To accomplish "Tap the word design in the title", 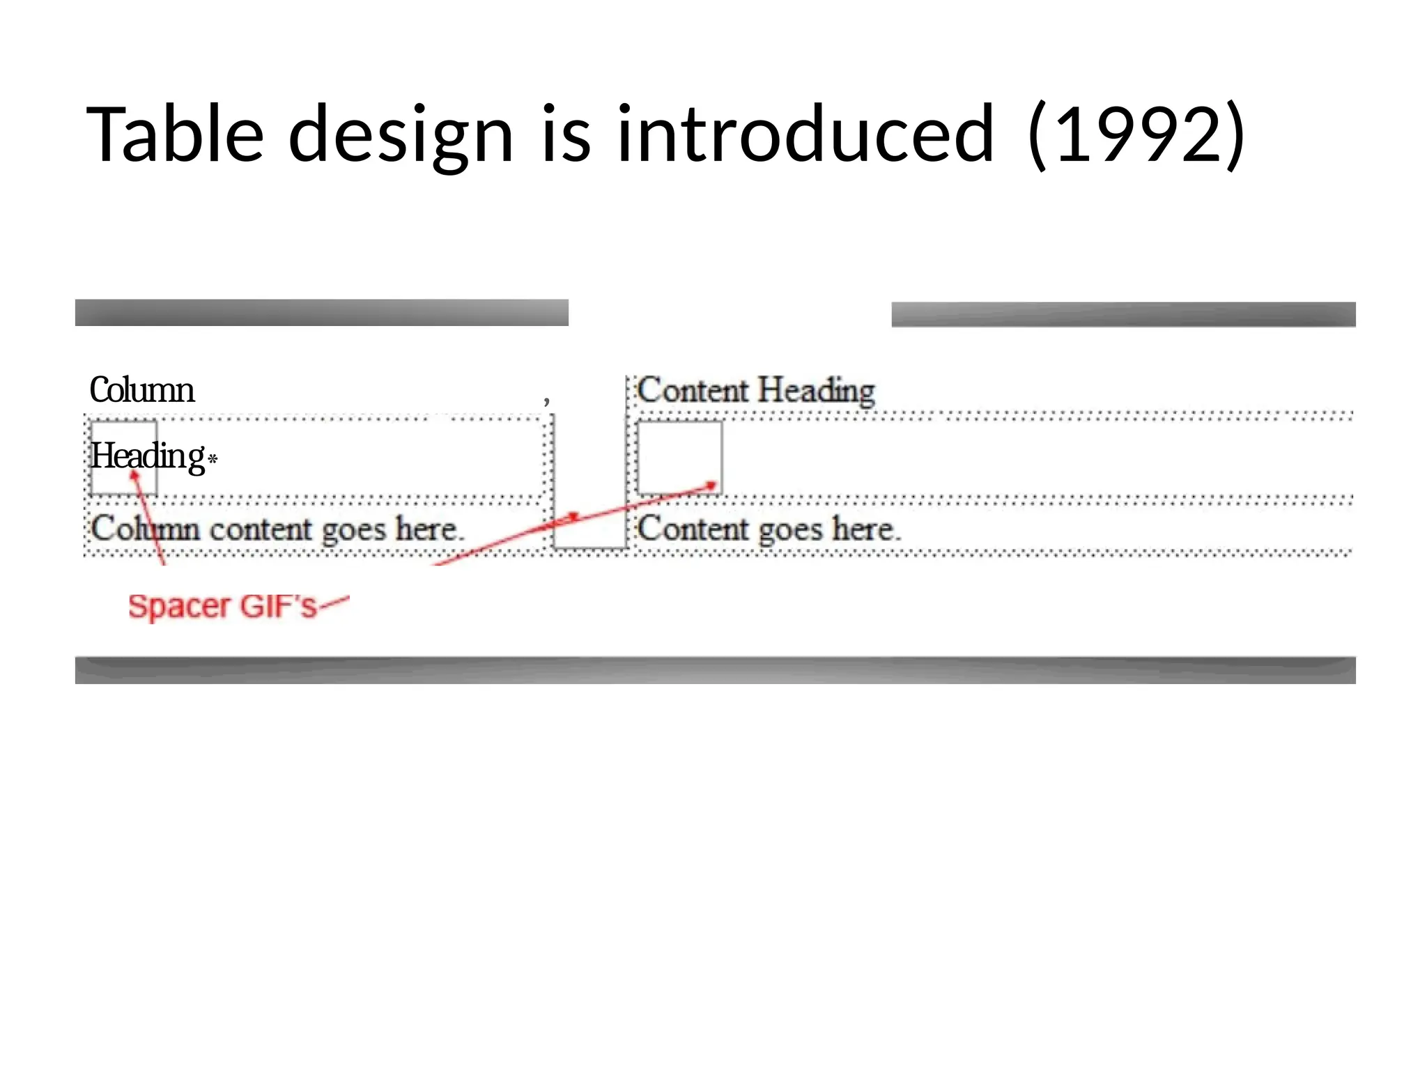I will [x=401, y=134].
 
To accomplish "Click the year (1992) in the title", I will [x=1136, y=134].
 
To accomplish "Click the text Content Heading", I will [x=756, y=390].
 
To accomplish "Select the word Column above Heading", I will [x=142, y=390].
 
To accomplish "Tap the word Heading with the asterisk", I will [x=148, y=456].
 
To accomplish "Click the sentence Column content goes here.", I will [x=276, y=529].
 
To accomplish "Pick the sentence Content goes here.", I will [x=769, y=529].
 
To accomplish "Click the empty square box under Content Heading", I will [x=679, y=457].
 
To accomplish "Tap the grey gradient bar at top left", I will [x=322, y=313].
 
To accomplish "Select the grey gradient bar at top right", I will [x=1123, y=314].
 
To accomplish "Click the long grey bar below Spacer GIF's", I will [x=715, y=670].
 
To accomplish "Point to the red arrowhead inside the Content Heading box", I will [x=711, y=485].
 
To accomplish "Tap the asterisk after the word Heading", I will [x=213, y=458].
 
